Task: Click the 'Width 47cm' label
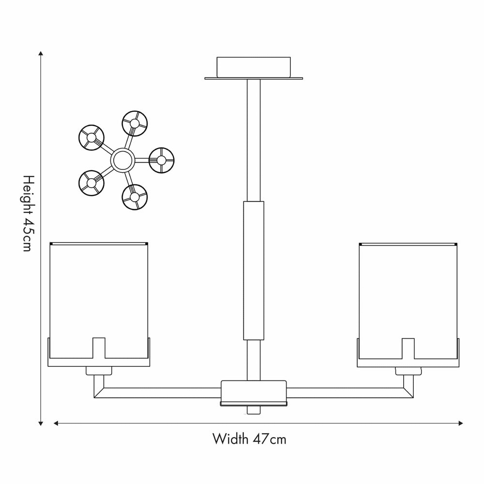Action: click(249, 439)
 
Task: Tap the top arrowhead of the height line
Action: click(41, 54)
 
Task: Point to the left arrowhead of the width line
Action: click(56, 423)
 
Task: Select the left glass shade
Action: click(99, 290)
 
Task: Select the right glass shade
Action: click(408, 290)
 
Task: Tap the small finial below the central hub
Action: click(254, 410)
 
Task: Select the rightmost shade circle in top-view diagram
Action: click(161, 160)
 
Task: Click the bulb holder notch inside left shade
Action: click(99, 348)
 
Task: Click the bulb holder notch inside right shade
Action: click(408, 348)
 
